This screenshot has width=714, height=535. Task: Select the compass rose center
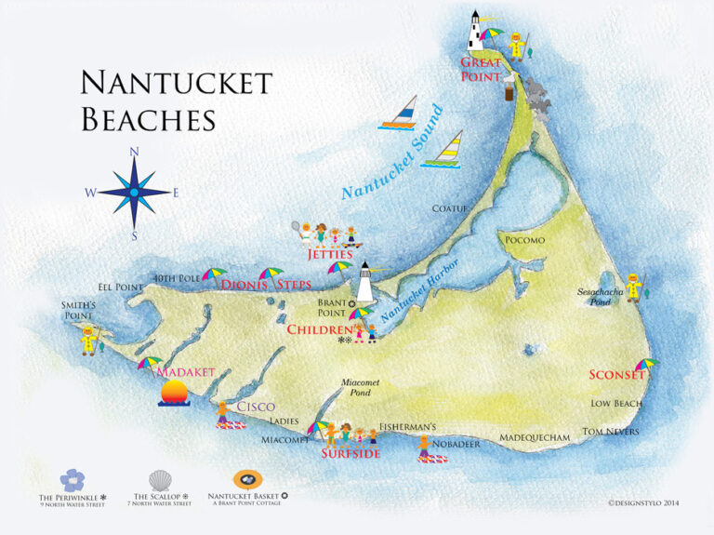click(x=134, y=193)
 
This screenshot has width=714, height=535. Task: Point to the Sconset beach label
click(x=615, y=376)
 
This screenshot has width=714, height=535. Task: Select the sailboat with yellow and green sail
click(x=444, y=150)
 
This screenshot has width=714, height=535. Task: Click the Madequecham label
click(x=534, y=437)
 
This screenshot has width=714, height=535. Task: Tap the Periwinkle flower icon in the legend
click(x=72, y=481)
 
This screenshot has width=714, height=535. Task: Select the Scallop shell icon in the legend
click(x=160, y=480)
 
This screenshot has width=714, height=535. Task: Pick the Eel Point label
click(x=121, y=288)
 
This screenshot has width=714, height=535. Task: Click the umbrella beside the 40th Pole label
click(x=214, y=276)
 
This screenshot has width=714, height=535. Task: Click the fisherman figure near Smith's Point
click(x=88, y=340)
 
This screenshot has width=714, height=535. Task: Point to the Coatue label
click(x=450, y=209)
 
